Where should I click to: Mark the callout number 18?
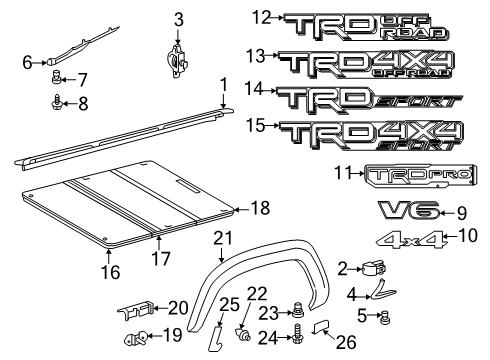[x=260, y=209]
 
